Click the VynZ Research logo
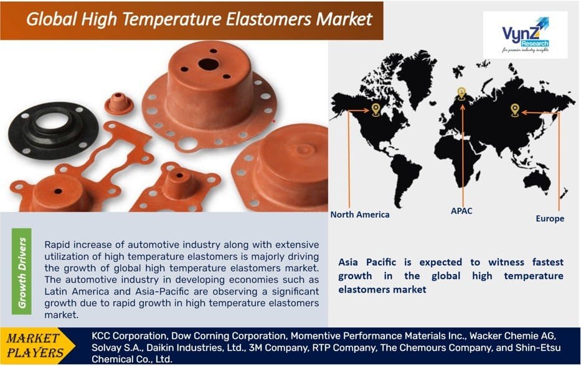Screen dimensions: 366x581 (x=525, y=35)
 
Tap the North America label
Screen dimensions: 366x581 (x=360, y=214)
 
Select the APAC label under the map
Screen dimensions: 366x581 (x=461, y=211)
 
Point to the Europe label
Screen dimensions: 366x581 (x=550, y=219)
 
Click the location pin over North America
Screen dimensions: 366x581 (x=376, y=110)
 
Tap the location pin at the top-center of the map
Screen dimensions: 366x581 (x=461, y=93)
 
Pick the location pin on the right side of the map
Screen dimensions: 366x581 (x=515, y=110)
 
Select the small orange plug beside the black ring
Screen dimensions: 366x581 (x=119, y=103)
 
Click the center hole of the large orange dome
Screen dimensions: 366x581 (x=208, y=63)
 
